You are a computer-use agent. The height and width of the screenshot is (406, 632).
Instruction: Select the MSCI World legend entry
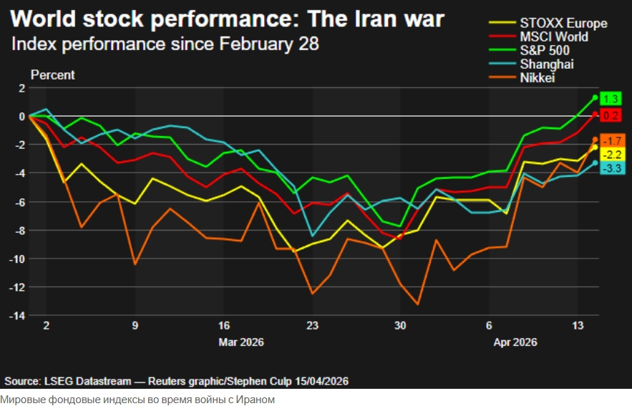click(x=554, y=37)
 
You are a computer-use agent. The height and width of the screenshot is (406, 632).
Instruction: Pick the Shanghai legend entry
click(x=547, y=64)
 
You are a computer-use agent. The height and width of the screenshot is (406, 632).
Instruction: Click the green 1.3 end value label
click(x=611, y=100)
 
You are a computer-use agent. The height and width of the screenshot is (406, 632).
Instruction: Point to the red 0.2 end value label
click(x=611, y=115)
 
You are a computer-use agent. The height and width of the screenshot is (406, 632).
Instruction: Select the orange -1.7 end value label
click(x=612, y=140)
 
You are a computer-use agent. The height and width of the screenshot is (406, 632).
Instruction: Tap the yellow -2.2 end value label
click(x=612, y=154)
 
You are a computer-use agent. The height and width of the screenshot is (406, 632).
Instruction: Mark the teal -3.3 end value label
click(x=612, y=168)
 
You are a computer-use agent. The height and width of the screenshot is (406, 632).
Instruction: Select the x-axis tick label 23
click(x=312, y=325)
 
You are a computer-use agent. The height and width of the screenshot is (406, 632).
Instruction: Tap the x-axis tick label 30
click(x=400, y=325)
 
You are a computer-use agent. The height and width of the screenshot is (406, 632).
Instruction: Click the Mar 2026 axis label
click(x=240, y=342)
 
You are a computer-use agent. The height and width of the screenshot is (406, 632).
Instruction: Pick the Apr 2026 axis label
click(x=515, y=342)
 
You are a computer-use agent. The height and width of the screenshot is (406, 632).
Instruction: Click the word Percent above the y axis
click(x=52, y=75)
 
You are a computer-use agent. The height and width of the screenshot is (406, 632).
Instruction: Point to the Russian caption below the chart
click(x=137, y=399)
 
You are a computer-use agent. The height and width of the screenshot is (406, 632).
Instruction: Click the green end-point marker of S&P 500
click(x=595, y=97)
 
